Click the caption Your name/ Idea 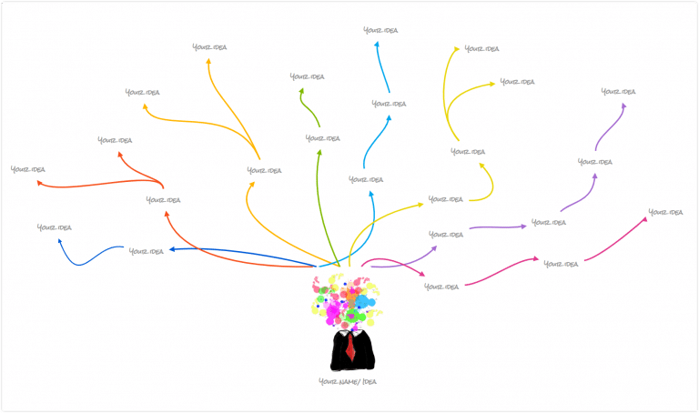click(x=347, y=381)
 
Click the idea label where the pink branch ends click(x=664, y=212)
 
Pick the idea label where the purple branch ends click(x=618, y=91)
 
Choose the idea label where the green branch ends click(x=307, y=76)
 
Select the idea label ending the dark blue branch click(x=54, y=227)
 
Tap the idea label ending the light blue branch click(x=380, y=31)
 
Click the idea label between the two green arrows click(x=322, y=138)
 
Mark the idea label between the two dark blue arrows click(x=146, y=251)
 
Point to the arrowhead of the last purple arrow click(x=624, y=105)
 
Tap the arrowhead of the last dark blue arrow click(x=60, y=241)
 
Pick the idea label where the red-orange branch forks click(x=163, y=199)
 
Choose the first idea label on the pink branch click(x=441, y=287)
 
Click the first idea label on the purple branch click(x=445, y=234)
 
